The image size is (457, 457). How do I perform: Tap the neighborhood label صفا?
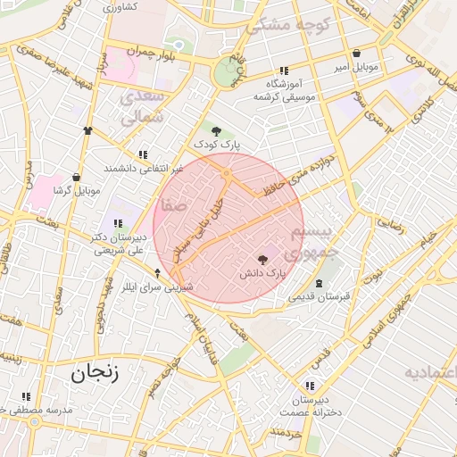pos(174,204)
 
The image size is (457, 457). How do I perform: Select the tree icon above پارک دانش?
pos(261,260)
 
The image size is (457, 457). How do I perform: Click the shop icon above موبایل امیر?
pos(357,54)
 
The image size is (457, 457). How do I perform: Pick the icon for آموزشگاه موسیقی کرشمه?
pos(284,71)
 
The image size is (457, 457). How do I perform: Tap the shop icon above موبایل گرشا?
pos(76,177)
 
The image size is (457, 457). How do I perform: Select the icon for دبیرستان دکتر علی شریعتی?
pos(116,223)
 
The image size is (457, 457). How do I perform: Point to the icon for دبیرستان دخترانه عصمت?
pos(309,386)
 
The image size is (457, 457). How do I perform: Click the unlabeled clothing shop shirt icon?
pos(87,130)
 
